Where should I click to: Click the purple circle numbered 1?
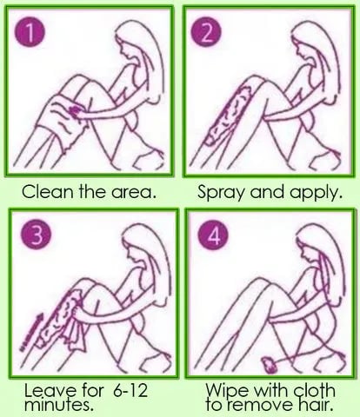coord(30,34)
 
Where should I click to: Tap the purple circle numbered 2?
coord(206,34)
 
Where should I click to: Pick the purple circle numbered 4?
coord(213,236)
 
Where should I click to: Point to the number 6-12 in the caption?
coord(130,390)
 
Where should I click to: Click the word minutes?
coord(59,405)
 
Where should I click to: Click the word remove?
coord(260,405)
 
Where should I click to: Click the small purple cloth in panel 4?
coord(270,366)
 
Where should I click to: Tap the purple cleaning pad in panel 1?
coord(75,111)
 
